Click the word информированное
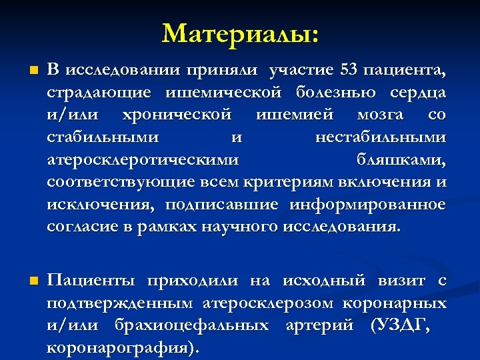click(x=367, y=204)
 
